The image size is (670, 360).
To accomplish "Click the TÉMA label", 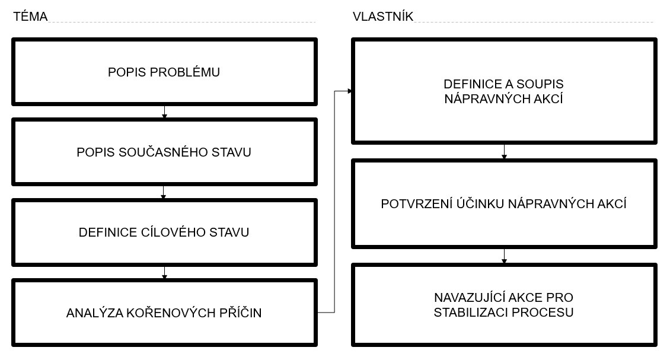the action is coord(30,16).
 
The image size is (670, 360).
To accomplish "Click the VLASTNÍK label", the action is coord(383,16).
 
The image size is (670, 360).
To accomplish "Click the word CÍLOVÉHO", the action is coord(174,232).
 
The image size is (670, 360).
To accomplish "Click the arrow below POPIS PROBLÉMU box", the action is coord(164,111).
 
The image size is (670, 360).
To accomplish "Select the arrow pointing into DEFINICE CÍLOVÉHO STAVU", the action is coord(163,192).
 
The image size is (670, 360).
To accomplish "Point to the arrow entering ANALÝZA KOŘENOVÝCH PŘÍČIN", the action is coord(164,272).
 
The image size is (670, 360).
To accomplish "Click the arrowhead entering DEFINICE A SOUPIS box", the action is coord(350,91).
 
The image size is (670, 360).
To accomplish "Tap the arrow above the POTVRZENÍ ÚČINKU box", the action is coord(504,151).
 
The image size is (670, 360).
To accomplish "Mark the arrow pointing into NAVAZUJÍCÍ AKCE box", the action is coord(504,256).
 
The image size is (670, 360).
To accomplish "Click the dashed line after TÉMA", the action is coord(181,22).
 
